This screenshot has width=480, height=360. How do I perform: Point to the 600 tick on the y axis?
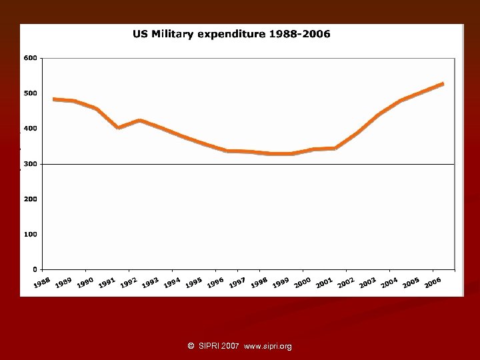pyautogui.click(x=30, y=58)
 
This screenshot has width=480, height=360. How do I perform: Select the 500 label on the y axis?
pyautogui.click(x=30, y=93)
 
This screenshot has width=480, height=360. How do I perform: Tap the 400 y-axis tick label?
pyautogui.click(x=30, y=128)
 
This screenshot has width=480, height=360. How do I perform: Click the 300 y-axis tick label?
pyautogui.click(x=30, y=163)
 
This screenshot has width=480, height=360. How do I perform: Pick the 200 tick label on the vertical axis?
pyautogui.click(x=30, y=199)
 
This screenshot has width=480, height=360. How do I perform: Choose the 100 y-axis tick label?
pyautogui.click(x=30, y=234)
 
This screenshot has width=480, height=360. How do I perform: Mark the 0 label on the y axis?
pyautogui.click(x=34, y=269)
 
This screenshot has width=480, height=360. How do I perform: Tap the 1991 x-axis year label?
pyautogui.click(x=107, y=284)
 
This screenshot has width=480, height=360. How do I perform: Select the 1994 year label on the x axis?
pyautogui.click(x=172, y=283)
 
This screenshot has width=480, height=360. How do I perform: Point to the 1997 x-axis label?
pyautogui.click(x=237, y=283)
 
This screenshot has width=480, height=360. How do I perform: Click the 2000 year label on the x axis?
pyautogui.click(x=302, y=283)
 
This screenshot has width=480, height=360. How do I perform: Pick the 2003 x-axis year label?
pyautogui.click(x=367, y=283)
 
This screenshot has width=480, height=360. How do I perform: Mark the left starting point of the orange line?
pyautogui.click(x=53, y=99)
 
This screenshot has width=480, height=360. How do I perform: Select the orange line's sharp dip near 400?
pyautogui.click(x=118, y=127)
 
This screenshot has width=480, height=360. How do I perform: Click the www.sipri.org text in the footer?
pyautogui.click(x=268, y=346)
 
